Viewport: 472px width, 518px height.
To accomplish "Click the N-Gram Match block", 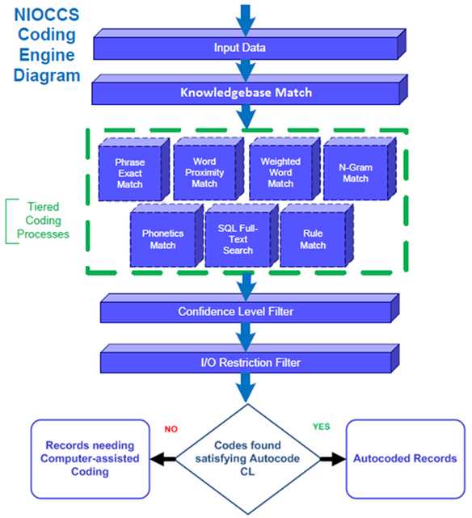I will tap(352, 173).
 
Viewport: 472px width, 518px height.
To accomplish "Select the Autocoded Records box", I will tap(404, 458).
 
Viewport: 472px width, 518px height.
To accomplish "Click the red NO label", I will tap(171, 430).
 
